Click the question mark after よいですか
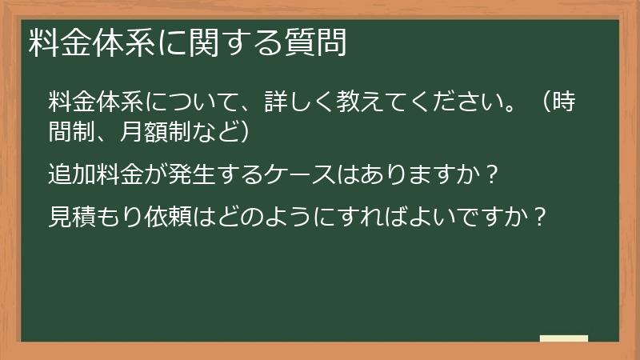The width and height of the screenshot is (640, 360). [541, 216]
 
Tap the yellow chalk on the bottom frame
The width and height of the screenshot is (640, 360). [564, 339]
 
